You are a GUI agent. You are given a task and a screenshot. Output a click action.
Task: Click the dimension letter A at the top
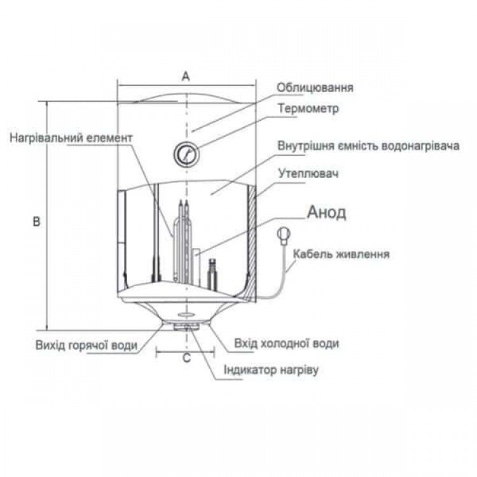click(x=186, y=76)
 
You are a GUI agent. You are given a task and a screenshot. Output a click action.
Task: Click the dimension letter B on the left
click(x=36, y=221)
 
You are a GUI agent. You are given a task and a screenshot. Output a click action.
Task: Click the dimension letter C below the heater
click(x=186, y=358)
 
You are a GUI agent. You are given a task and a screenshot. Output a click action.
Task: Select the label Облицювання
click(x=315, y=88)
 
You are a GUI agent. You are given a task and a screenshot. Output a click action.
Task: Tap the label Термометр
click(x=308, y=108)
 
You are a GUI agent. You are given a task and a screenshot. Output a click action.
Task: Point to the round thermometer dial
click(x=186, y=153)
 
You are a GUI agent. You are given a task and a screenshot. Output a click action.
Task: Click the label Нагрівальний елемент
click(x=71, y=138)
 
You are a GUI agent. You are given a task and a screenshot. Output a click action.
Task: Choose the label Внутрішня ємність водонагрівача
click(x=368, y=146)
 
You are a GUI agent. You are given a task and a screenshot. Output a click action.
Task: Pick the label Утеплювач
click(x=308, y=174)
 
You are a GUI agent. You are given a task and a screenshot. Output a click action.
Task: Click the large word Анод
click(x=326, y=212)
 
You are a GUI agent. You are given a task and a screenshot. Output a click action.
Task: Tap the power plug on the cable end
click(x=284, y=236)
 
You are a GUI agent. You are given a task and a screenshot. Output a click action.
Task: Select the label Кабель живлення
click(x=341, y=254)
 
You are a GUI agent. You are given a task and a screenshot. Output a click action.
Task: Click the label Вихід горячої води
click(x=86, y=345)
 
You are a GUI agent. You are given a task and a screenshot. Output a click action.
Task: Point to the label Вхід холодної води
click(x=286, y=343)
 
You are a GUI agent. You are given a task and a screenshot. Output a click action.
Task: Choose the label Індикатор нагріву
click(x=271, y=370)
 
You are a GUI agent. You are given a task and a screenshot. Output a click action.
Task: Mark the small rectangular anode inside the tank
click(x=197, y=265)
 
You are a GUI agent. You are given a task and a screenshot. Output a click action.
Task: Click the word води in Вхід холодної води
click(x=326, y=343)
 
